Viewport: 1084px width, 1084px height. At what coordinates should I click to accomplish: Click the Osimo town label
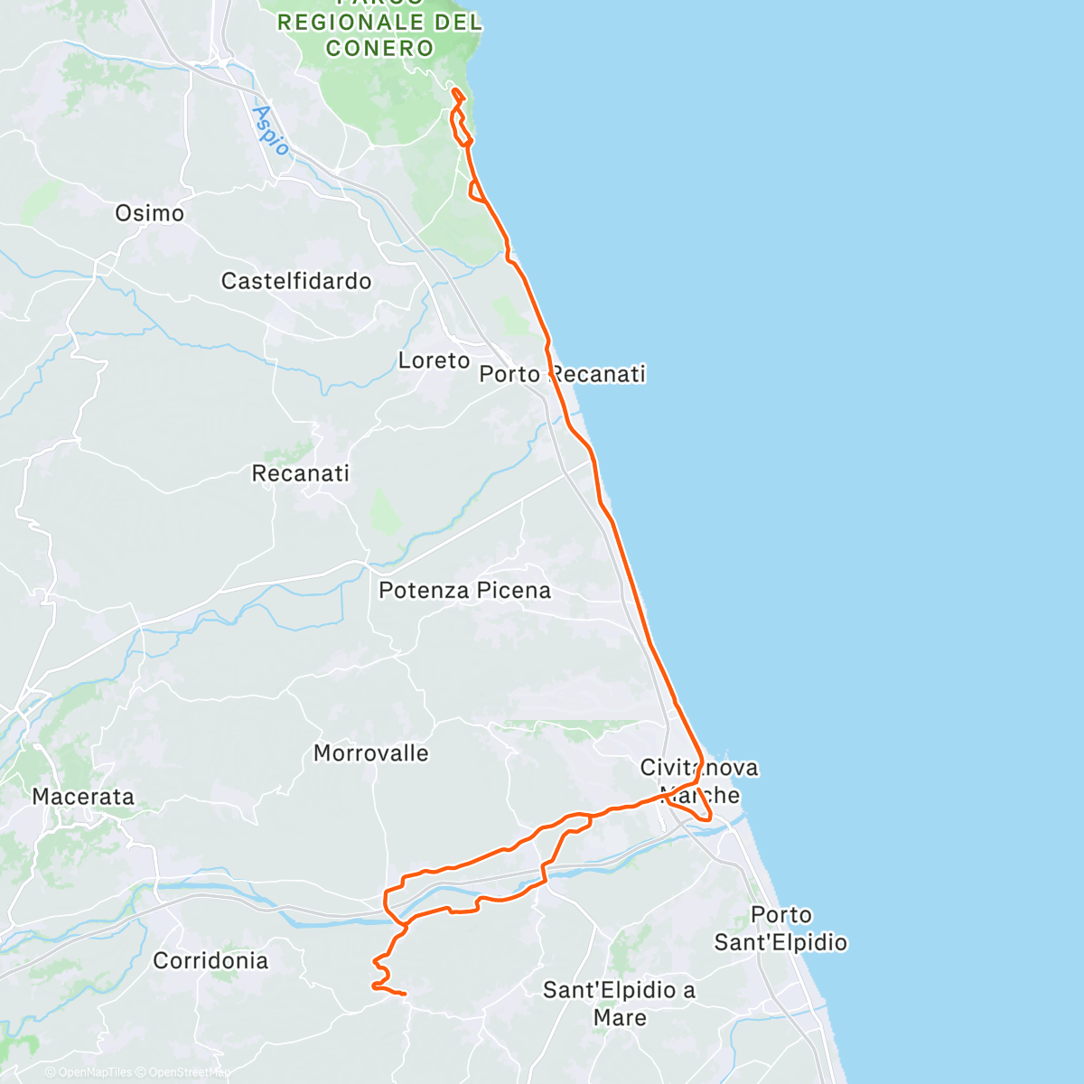(150, 214)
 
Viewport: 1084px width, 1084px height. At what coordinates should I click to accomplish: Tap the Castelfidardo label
(296, 282)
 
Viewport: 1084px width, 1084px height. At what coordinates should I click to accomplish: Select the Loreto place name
(435, 361)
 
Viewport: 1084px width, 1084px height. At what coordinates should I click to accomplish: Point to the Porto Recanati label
(562, 375)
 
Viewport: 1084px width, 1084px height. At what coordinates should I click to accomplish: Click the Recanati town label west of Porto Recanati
(301, 473)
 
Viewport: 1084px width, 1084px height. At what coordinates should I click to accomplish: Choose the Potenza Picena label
(464, 591)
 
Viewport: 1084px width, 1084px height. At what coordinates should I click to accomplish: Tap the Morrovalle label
(371, 753)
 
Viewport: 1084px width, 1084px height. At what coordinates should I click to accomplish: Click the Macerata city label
(83, 797)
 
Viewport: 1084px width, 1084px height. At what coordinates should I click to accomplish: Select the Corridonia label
(210, 961)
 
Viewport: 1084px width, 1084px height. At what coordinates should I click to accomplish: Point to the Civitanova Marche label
(699, 781)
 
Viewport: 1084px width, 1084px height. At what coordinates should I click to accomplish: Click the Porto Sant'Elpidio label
(780, 929)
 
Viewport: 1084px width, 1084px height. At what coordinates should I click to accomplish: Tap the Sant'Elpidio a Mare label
(620, 1004)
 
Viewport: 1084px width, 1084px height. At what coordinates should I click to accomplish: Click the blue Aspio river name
(271, 130)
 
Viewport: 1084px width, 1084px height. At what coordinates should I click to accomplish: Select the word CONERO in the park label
(379, 48)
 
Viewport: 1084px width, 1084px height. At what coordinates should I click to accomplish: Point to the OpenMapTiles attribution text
(88, 1073)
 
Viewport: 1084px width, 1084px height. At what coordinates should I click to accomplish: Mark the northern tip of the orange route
(454, 89)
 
